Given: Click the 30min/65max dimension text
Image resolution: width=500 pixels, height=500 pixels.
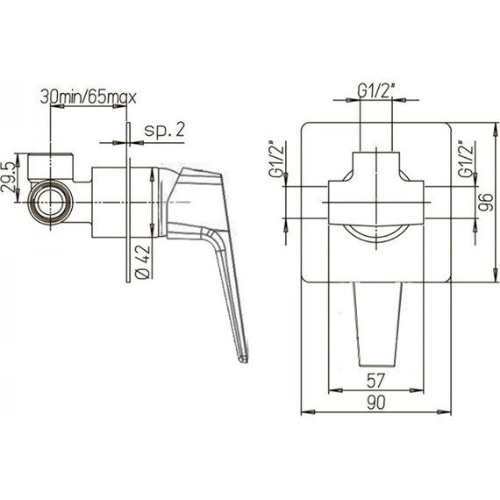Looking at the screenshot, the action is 89,97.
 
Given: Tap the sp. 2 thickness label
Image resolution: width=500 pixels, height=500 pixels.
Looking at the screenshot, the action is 165,130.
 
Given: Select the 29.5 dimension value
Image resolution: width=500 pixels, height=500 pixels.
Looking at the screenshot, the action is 9,177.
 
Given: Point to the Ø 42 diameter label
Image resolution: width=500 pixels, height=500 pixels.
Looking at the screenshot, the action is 143,262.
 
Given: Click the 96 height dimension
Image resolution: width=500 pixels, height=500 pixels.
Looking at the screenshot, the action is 486,202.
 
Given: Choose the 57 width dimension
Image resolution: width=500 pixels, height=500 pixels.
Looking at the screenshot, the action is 376,380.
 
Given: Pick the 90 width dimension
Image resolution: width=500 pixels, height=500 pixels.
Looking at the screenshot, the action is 376,402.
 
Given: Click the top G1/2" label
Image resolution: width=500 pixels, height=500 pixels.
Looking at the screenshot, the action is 376,91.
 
